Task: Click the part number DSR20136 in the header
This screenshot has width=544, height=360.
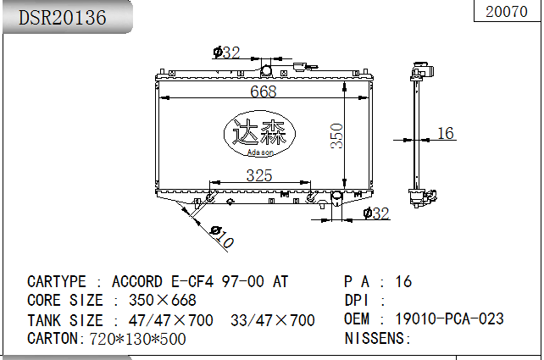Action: tap(63, 17)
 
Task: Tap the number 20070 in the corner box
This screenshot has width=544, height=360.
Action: tap(507, 12)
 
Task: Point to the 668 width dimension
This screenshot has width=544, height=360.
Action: tap(264, 91)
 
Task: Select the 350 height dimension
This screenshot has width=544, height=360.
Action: tap(336, 136)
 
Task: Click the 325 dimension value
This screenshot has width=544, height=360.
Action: tap(259, 175)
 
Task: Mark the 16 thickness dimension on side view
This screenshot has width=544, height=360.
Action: tap(446, 133)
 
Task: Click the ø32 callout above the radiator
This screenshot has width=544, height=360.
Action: tap(226, 53)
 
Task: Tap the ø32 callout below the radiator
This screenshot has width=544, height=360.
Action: tap(376, 213)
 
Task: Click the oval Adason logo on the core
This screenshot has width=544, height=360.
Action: tap(259, 134)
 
